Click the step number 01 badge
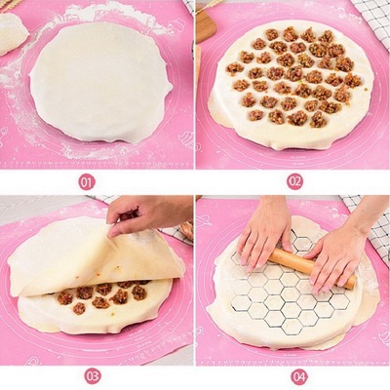pyautogui.click(x=88, y=181)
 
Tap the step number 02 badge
pyautogui.click(x=294, y=181)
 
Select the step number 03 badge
pyautogui.click(x=92, y=375)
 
